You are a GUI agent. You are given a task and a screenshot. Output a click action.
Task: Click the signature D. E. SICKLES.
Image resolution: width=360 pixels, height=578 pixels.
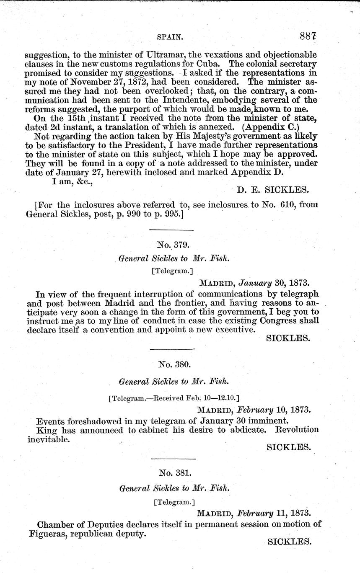coord(273,190)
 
